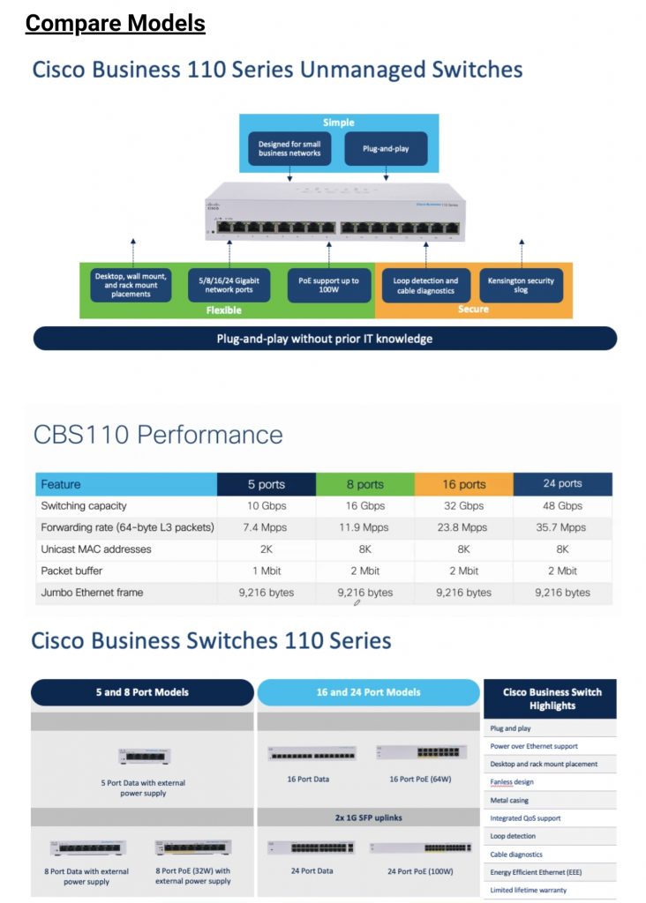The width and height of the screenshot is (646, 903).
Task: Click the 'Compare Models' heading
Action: pyautogui.click(x=115, y=23)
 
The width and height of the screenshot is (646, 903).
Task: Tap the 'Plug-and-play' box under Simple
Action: pyautogui.click(x=386, y=149)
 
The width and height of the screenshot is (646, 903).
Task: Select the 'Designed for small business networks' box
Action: pyautogui.click(x=289, y=149)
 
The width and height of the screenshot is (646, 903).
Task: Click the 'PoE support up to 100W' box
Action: pyautogui.click(x=328, y=286)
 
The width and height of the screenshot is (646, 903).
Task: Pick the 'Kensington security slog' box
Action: pyautogui.click(x=521, y=286)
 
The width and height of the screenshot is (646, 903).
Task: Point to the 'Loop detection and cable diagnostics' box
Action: pyautogui.click(x=425, y=286)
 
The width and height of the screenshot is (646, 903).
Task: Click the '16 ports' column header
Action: pyautogui.click(x=464, y=484)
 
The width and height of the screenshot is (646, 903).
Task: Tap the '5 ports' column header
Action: pyautogui.click(x=266, y=484)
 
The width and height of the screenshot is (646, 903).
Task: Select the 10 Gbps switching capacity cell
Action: pyautogui.click(x=266, y=506)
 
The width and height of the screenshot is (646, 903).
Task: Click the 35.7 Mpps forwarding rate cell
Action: pyautogui.click(x=562, y=527)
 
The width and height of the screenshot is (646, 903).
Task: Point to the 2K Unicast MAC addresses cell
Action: pyautogui.click(x=266, y=549)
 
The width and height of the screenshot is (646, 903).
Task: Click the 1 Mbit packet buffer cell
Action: pyautogui.click(x=266, y=571)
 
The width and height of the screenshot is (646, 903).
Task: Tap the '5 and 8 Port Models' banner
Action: pyautogui.click(x=142, y=692)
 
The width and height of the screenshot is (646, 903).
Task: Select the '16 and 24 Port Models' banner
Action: pyautogui.click(x=369, y=692)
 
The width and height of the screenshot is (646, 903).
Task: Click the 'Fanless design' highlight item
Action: pyautogui.click(x=512, y=782)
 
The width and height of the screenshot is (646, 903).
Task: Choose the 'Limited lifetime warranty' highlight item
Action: pyautogui.click(x=529, y=891)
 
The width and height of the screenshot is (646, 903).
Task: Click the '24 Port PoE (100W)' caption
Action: pyautogui.click(x=422, y=871)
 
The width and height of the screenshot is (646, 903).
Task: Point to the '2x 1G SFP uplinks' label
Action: pyautogui.click(x=369, y=817)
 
